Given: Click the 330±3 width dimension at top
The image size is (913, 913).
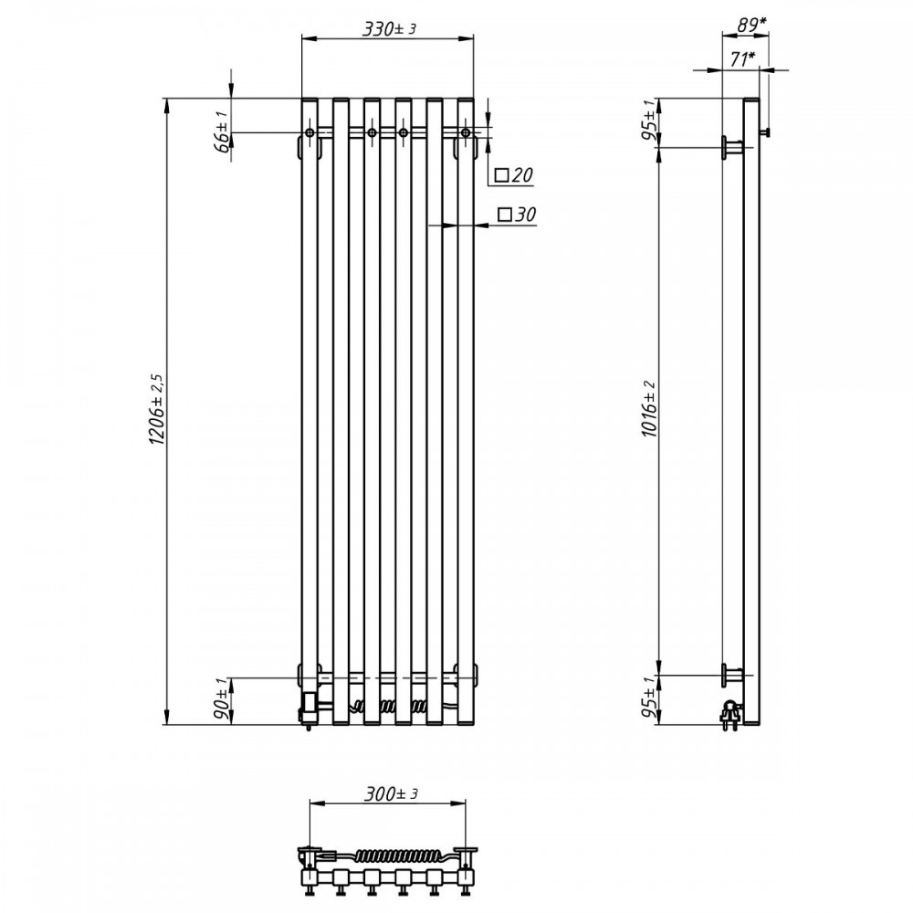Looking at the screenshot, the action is pyautogui.click(x=390, y=28).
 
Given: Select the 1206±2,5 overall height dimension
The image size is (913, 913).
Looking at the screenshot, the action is pyautogui.click(x=158, y=410).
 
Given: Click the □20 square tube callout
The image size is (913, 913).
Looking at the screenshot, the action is pyautogui.click(x=514, y=174).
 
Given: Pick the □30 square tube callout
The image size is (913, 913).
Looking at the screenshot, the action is pyautogui.click(x=517, y=215).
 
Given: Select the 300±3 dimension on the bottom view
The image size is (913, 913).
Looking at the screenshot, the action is pyautogui.click(x=391, y=793).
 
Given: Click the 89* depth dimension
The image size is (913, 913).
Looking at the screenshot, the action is pyautogui.click(x=751, y=24).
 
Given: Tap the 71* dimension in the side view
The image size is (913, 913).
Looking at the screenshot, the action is pyautogui.click(x=741, y=58).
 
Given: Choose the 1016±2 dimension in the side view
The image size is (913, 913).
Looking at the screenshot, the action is pyautogui.click(x=650, y=409).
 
